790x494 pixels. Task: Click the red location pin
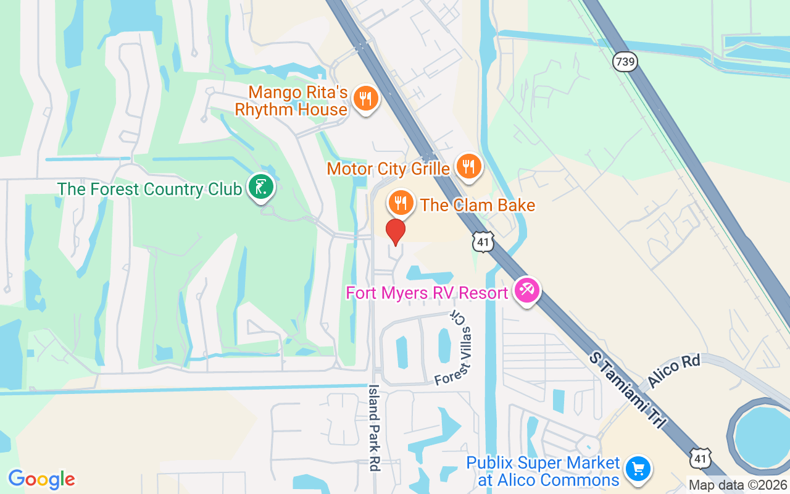[x=396, y=232]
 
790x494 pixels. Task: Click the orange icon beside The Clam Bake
[x=401, y=202]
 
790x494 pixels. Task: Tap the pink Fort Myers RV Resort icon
[x=527, y=290]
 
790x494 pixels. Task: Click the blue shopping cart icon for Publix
[x=638, y=469]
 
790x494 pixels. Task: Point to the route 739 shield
[x=625, y=61]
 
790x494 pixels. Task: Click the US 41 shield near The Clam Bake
[x=483, y=242]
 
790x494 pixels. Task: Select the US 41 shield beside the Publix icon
[x=701, y=458]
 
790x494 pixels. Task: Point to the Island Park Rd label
[x=373, y=428]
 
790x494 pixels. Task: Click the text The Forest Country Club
[x=149, y=189]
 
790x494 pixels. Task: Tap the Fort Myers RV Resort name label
[x=427, y=293]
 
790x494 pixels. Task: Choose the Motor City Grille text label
[x=388, y=169]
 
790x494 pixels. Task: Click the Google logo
[x=41, y=479]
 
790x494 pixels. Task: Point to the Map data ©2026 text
[x=738, y=485]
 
